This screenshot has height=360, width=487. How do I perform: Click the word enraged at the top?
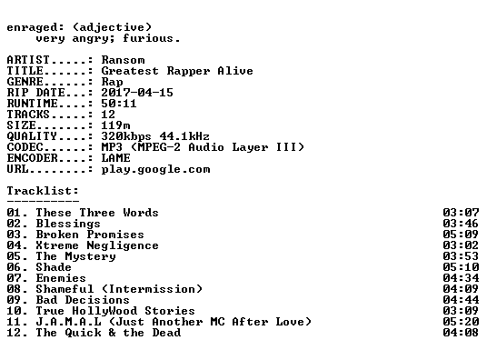(x=32, y=28)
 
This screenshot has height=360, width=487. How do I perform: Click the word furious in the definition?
(x=148, y=38)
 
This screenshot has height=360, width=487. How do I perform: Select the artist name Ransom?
(x=123, y=60)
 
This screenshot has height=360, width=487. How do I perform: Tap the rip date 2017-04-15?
(x=137, y=93)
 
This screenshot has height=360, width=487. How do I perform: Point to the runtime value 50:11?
(x=119, y=104)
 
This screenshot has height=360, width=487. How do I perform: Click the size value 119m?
(x=115, y=125)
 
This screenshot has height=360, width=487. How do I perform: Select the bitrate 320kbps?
(x=126, y=136)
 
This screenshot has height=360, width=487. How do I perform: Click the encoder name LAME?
(x=115, y=158)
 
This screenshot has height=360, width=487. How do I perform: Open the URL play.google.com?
(x=155, y=170)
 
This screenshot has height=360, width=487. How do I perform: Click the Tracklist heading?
(x=43, y=191)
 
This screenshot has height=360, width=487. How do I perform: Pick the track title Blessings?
(x=68, y=224)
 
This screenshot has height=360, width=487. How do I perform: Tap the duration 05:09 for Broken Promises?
(x=461, y=235)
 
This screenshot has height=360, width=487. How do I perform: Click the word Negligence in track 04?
(x=123, y=245)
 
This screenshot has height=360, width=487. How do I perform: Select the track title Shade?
(x=54, y=267)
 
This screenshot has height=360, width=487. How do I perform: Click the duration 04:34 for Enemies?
(x=461, y=278)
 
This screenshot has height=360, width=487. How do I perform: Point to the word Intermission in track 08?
(x=153, y=289)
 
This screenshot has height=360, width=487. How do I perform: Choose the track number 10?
(x=15, y=311)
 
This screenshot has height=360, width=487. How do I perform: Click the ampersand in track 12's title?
(x=112, y=333)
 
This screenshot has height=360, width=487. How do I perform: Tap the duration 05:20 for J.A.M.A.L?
(x=461, y=322)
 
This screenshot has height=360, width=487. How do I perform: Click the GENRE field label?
(x=25, y=82)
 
